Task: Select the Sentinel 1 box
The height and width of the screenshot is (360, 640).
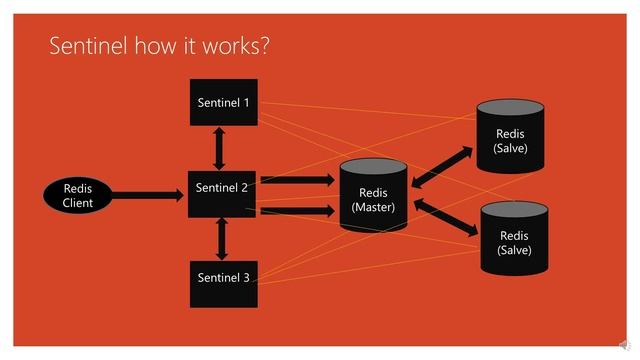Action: [x=223, y=102]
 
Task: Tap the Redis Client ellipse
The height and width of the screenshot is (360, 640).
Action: [x=78, y=195]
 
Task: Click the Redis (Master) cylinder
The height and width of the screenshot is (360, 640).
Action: [x=373, y=197]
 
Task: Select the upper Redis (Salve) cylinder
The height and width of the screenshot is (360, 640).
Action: [x=510, y=140]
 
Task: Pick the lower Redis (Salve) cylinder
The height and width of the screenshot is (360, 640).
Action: [x=515, y=241]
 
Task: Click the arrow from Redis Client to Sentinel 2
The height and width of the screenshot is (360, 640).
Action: [x=149, y=195]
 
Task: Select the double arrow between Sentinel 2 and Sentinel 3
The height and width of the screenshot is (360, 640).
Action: [x=222, y=238]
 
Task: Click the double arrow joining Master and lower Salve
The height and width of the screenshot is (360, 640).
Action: [x=445, y=216]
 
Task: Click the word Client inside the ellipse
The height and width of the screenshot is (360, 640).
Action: [x=78, y=203]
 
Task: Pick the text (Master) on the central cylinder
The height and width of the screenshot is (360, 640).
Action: [x=373, y=207]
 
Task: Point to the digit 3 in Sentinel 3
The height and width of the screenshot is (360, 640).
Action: [x=246, y=277]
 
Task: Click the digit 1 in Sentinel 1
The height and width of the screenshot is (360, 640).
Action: [x=246, y=102]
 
